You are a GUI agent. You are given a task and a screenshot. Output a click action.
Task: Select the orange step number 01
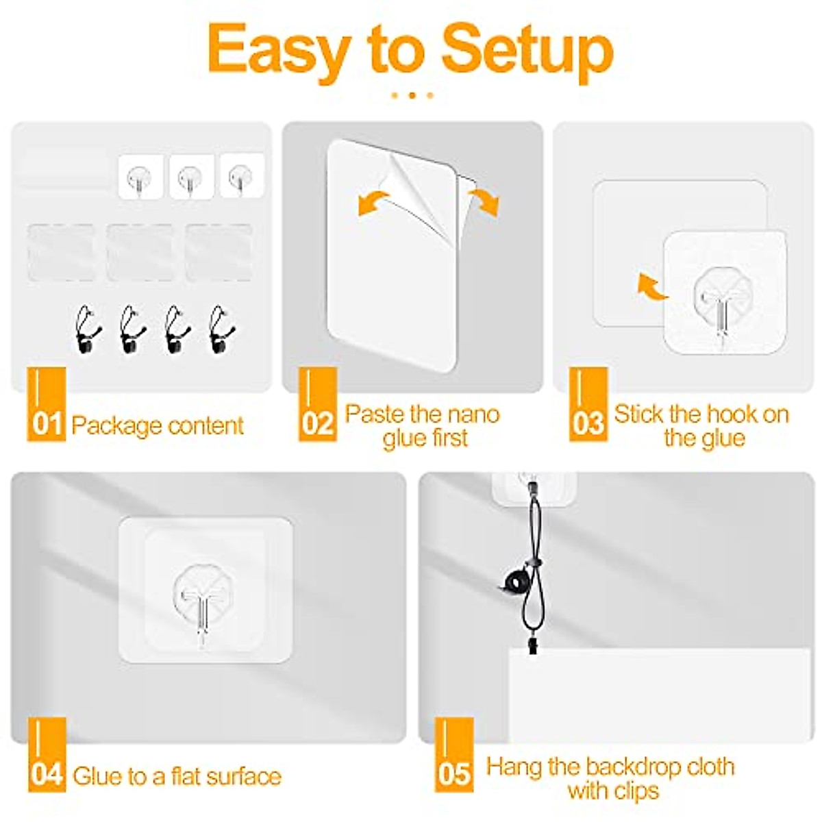[47, 424]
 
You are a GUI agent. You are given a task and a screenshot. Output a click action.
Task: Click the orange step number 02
[317, 423]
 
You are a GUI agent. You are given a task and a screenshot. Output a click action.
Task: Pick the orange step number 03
[588, 423]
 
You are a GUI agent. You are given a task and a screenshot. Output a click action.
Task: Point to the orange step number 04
[47, 774]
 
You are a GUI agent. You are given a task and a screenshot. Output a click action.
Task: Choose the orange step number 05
[453, 774]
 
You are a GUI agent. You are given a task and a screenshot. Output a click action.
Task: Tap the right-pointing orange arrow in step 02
[484, 202]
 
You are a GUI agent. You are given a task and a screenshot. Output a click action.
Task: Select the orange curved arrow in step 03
[651, 286]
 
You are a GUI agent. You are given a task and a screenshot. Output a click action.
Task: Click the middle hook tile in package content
[192, 177]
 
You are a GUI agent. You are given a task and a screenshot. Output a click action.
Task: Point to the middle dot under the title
[412, 95]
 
